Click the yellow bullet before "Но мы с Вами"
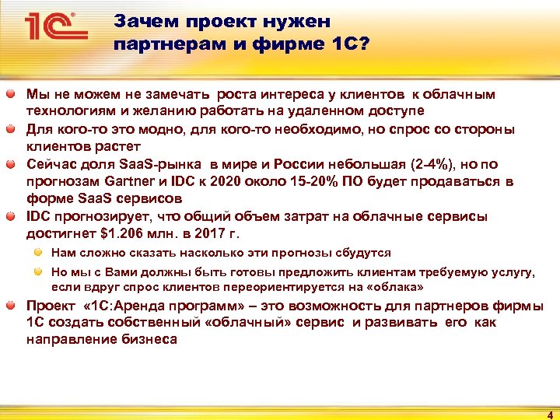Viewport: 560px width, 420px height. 38,271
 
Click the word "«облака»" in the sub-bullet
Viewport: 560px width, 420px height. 396,286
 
